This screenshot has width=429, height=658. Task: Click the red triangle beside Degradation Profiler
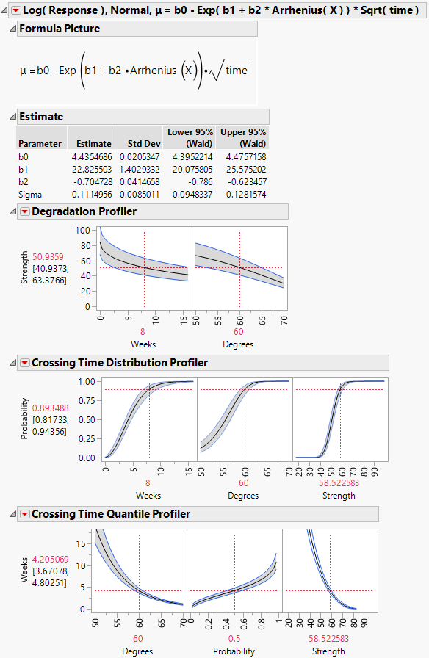tap(24, 211)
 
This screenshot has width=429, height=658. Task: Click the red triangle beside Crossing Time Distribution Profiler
tap(24, 363)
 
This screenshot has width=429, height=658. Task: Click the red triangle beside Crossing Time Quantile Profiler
tap(24, 514)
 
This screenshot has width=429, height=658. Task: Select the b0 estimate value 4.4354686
tap(90, 156)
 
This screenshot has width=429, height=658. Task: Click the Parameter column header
tap(40, 144)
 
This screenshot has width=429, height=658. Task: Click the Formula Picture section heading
tap(59, 29)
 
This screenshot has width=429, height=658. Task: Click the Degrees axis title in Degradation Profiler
tap(239, 344)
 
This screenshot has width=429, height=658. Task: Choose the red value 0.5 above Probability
tap(234, 639)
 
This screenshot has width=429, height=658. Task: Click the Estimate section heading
tap(41, 116)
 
